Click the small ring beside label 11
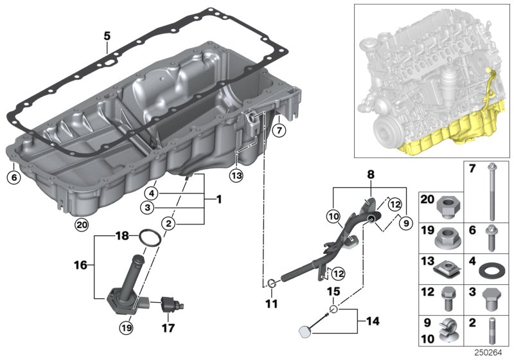click(x=272, y=283)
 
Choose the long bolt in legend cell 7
click(x=492, y=186)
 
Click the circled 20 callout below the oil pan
click(x=80, y=224)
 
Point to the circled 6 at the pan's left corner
click(x=13, y=175)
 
